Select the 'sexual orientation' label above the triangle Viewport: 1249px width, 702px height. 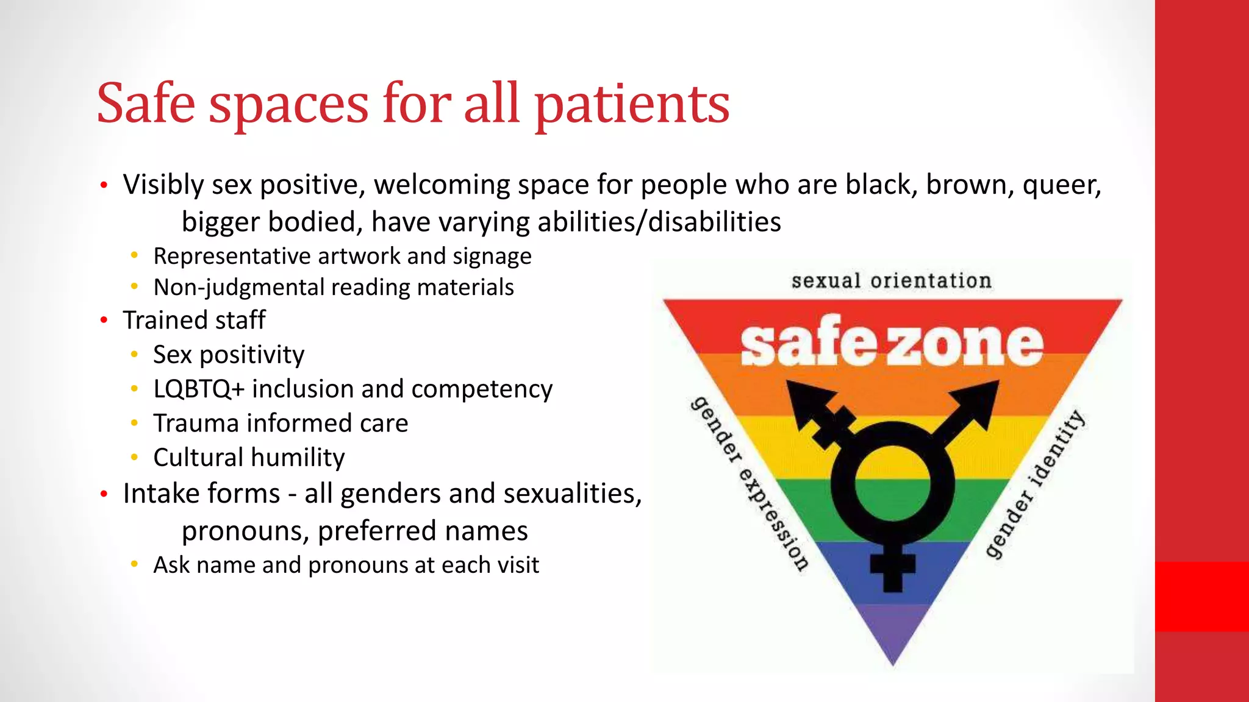click(891, 281)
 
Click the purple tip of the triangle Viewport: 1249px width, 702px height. click(893, 640)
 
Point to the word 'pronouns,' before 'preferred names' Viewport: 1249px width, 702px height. click(245, 531)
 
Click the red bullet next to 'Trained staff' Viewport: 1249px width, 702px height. click(104, 320)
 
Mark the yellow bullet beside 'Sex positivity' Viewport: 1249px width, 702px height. click(134, 354)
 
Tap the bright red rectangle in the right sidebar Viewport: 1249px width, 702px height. click(1201, 596)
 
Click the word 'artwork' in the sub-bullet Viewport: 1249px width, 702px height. click(359, 256)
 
